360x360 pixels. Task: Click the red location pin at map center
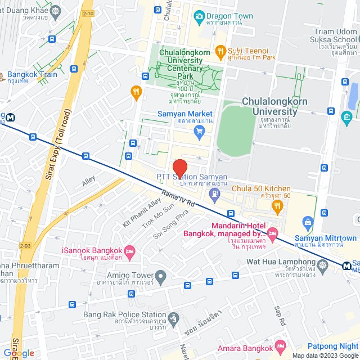click(179, 168)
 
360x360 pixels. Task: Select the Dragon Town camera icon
click(198, 16)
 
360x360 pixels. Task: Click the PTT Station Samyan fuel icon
click(214, 195)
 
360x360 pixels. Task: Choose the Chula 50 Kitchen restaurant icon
click(276, 206)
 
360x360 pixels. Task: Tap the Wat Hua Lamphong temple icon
click(322, 264)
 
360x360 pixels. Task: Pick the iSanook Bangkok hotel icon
click(129, 250)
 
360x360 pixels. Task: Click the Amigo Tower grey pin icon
click(161, 276)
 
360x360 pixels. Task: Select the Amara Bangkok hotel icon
click(281, 345)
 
